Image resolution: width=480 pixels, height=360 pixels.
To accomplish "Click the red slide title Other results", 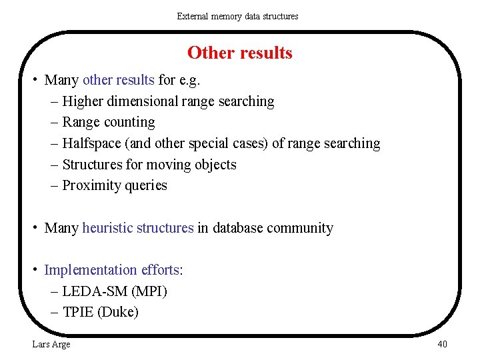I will pos(239,53).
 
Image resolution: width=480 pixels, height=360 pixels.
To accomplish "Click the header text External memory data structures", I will pos(237,16).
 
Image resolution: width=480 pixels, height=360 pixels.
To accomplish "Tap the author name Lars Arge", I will pos(51,344).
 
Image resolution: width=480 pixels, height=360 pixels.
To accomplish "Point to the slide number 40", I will pos(442,344).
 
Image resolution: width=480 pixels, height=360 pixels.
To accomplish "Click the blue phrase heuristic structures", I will pos(138,228).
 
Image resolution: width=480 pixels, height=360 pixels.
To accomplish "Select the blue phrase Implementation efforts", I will pos(111,270).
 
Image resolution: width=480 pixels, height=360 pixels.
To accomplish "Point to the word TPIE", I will pos(77,312).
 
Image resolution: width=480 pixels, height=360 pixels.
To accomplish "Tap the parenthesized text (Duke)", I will pos(118,312).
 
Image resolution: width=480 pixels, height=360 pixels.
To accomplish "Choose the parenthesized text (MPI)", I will pos(150,291).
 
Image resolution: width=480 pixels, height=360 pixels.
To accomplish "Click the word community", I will pos(300,228).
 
